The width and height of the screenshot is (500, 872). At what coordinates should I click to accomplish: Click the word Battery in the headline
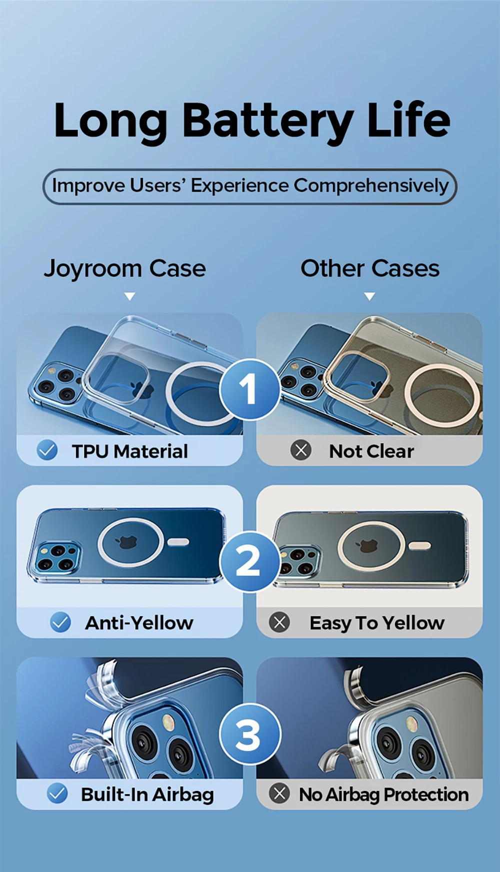(x=268, y=122)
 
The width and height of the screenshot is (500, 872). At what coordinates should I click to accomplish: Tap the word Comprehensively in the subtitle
(x=371, y=186)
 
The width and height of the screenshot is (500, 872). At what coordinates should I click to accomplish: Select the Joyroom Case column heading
(x=125, y=269)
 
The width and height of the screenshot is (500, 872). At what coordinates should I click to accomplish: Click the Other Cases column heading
(x=370, y=268)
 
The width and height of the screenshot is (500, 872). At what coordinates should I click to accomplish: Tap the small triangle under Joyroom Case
(x=130, y=296)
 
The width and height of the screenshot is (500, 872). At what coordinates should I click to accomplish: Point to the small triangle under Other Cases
(x=369, y=296)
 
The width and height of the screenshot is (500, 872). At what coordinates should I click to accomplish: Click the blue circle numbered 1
(x=249, y=389)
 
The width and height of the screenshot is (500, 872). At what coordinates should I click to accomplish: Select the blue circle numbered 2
(x=249, y=561)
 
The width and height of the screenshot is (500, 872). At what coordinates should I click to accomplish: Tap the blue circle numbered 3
(x=249, y=734)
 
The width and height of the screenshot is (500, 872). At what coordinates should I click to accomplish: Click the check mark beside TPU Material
(x=47, y=450)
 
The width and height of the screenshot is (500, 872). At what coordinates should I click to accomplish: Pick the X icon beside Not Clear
(x=301, y=450)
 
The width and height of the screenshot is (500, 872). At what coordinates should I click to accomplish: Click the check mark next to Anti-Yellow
(x=60, y=622)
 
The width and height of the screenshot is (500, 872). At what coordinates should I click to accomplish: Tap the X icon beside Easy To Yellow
(x=279, y=622)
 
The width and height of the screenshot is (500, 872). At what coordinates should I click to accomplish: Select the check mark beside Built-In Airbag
(x=57, y=793)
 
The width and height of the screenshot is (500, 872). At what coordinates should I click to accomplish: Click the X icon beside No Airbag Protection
(x=279, y=793)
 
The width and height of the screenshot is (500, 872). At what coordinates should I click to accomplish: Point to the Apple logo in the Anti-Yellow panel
(x=127, y=542)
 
